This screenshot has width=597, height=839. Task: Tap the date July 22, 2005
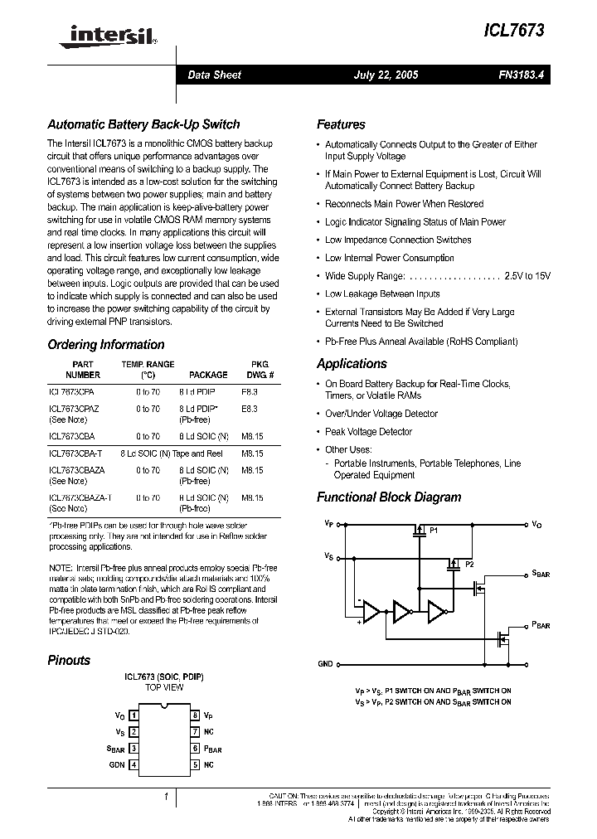point(386,75)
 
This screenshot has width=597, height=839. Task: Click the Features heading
point(341,124)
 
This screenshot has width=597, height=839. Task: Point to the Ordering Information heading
point(105,345)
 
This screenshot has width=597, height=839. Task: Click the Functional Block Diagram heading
point(388,497)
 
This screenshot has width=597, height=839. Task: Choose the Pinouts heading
point(69,661)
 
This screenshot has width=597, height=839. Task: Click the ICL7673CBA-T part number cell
point(75,453)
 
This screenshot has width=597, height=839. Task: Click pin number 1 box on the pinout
point(134,715)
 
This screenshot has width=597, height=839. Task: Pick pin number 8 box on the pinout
point(195,715)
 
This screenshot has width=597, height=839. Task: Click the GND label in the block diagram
point(325,664)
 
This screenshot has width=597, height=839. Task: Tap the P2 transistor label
point(468,564)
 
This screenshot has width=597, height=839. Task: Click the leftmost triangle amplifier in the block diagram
point(371,612)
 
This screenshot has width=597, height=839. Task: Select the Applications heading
point(352,364)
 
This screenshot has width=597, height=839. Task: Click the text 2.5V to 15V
point(527,276)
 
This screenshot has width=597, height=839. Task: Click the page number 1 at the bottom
point(167,797)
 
